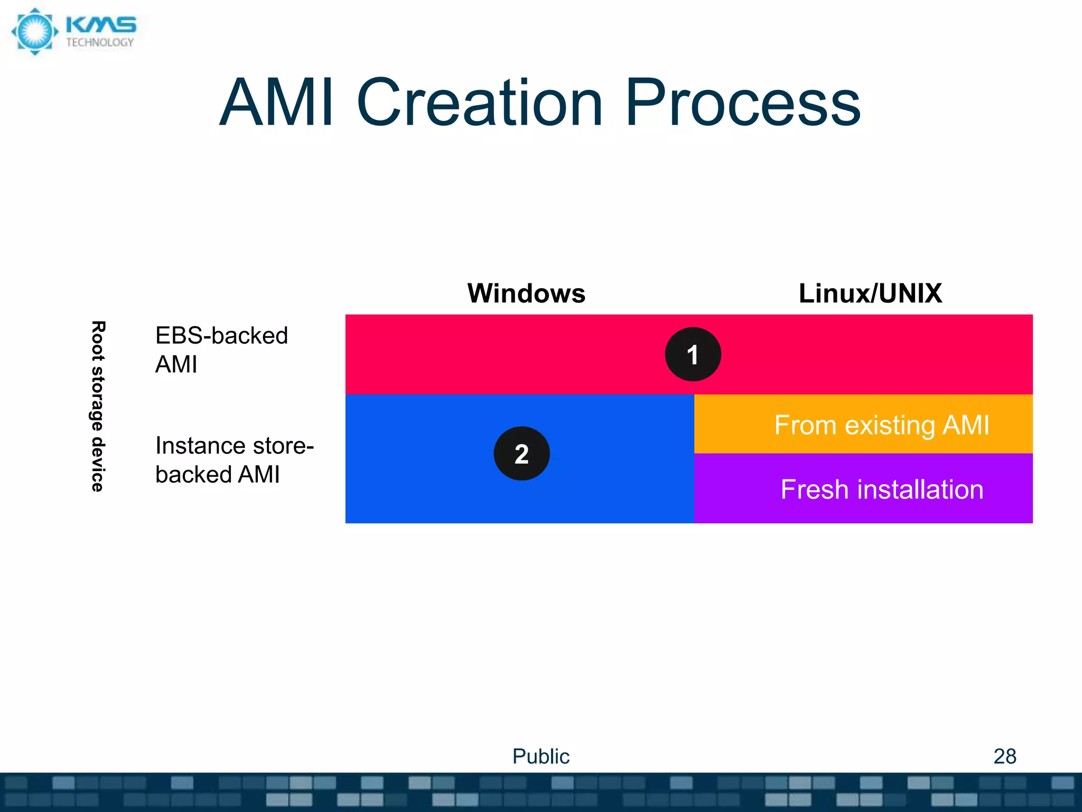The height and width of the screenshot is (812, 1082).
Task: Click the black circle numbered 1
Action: click(x=693, y=354)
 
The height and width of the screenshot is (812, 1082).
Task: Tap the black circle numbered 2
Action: click(x=521, y=454)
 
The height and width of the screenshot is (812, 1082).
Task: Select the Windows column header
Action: click(x=526, y=293)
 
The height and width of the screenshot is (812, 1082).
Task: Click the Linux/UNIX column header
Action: click(x=870, y=293)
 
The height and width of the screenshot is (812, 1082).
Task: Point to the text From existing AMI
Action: click(x=881, y=425)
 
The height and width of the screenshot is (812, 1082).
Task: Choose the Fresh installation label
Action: click(x=882, y=490)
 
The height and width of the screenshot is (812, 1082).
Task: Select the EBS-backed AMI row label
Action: click(x=221, y=349)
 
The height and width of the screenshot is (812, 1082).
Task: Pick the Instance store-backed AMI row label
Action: click(x=234, y=460)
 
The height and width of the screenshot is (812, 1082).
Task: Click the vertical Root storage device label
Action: click(x=98, y=406)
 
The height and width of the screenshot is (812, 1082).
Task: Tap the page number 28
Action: click(x=1004, y=756)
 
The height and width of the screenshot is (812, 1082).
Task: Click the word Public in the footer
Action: click(x=540, y=756)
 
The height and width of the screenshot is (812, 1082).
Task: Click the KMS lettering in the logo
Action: click(x=101, y=25)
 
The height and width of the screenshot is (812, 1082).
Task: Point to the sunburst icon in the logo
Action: click(x=35, y=32)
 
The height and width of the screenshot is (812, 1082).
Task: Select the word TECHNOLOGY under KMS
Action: click(x=100, y=43)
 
